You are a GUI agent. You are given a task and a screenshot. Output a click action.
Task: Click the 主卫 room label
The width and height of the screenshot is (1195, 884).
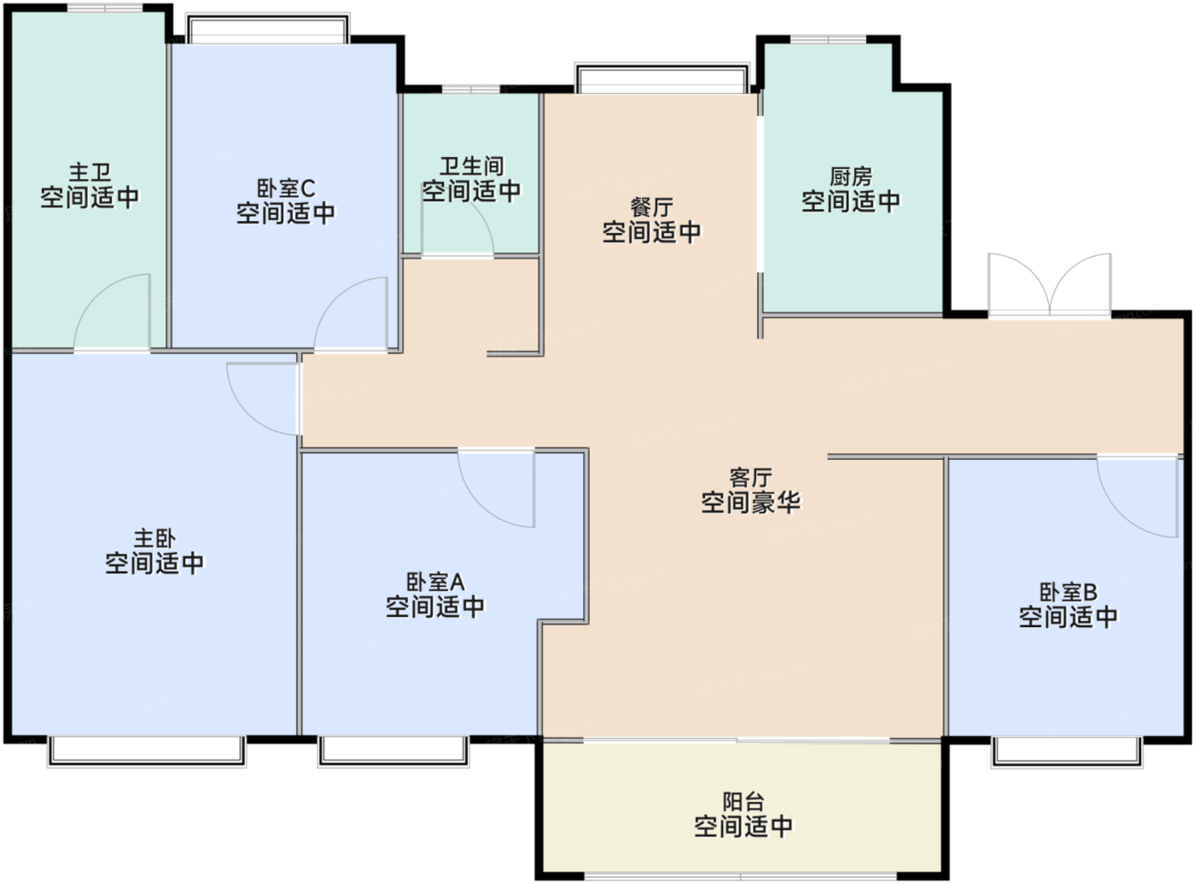(90, 173)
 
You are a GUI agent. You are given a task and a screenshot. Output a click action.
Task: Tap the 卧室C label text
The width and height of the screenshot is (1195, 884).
(286, 189)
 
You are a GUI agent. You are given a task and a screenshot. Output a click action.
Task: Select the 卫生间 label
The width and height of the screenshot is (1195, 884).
(472, 166)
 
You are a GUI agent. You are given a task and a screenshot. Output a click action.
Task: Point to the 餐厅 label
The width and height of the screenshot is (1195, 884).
(652, 207)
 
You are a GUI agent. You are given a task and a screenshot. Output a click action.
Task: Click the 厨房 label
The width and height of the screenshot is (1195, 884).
(851, 177)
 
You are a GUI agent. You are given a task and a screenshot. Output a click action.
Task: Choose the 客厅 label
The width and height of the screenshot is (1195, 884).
(750, 477)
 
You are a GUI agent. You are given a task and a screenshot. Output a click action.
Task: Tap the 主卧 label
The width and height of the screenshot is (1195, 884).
(154, 538)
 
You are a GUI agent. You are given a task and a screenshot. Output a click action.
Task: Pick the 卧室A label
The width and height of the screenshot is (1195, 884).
(435, 582)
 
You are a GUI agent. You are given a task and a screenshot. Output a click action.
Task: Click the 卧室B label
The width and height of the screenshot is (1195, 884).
(1069, 592)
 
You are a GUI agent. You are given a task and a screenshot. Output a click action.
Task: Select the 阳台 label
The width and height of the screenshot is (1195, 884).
(743, 802)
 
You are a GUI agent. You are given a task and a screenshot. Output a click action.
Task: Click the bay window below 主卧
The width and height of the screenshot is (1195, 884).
(147, 751)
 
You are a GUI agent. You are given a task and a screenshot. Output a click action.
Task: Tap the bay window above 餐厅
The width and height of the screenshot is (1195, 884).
(662, 79)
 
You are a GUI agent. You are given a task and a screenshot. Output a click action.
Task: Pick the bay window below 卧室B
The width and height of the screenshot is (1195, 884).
(1067, 752)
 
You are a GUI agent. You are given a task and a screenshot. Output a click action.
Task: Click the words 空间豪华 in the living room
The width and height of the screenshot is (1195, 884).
(750, 502)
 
